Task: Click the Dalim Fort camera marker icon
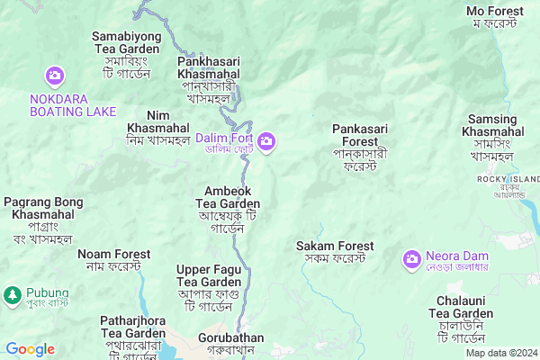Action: coord(266,141)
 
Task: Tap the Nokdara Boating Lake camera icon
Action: coord(55,76)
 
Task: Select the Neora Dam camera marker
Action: coord(411,259)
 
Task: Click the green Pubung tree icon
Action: coord(12,294)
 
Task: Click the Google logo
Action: coord(30,349)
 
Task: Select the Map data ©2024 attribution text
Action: coord(500,353)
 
